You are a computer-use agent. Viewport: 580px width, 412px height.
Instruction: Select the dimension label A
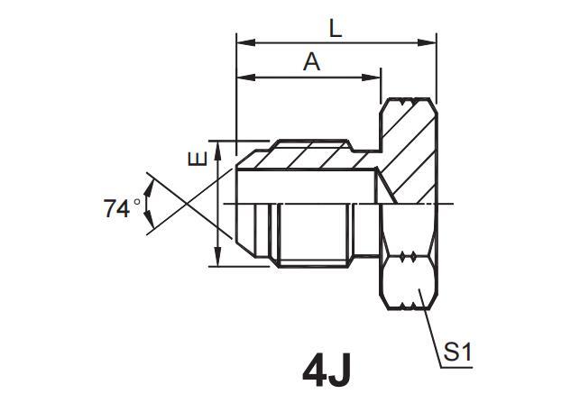311,62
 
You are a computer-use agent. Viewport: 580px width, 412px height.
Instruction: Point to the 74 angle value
117,209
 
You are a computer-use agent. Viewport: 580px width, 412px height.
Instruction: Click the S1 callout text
457,352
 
